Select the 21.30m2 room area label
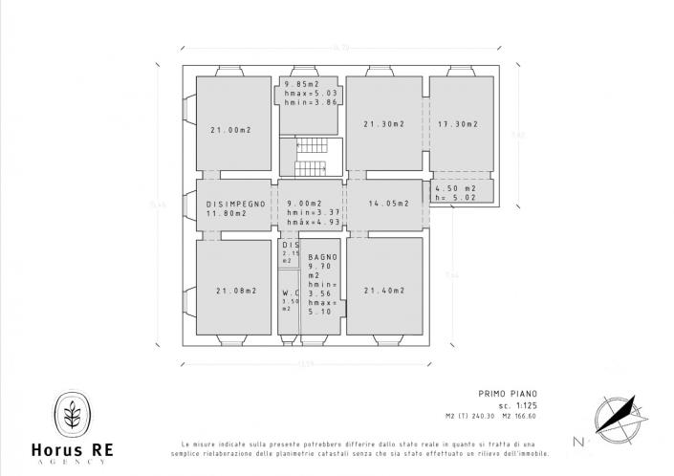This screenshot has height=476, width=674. [384, 123]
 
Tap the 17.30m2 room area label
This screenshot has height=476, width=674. [458, 123]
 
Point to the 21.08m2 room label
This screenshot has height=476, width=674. [235, 291]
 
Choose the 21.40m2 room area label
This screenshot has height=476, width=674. [384, 290]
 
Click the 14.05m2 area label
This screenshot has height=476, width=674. [387, 204]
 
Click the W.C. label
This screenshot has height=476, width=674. [290, 293]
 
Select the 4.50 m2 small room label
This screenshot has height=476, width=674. [455, 189]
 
